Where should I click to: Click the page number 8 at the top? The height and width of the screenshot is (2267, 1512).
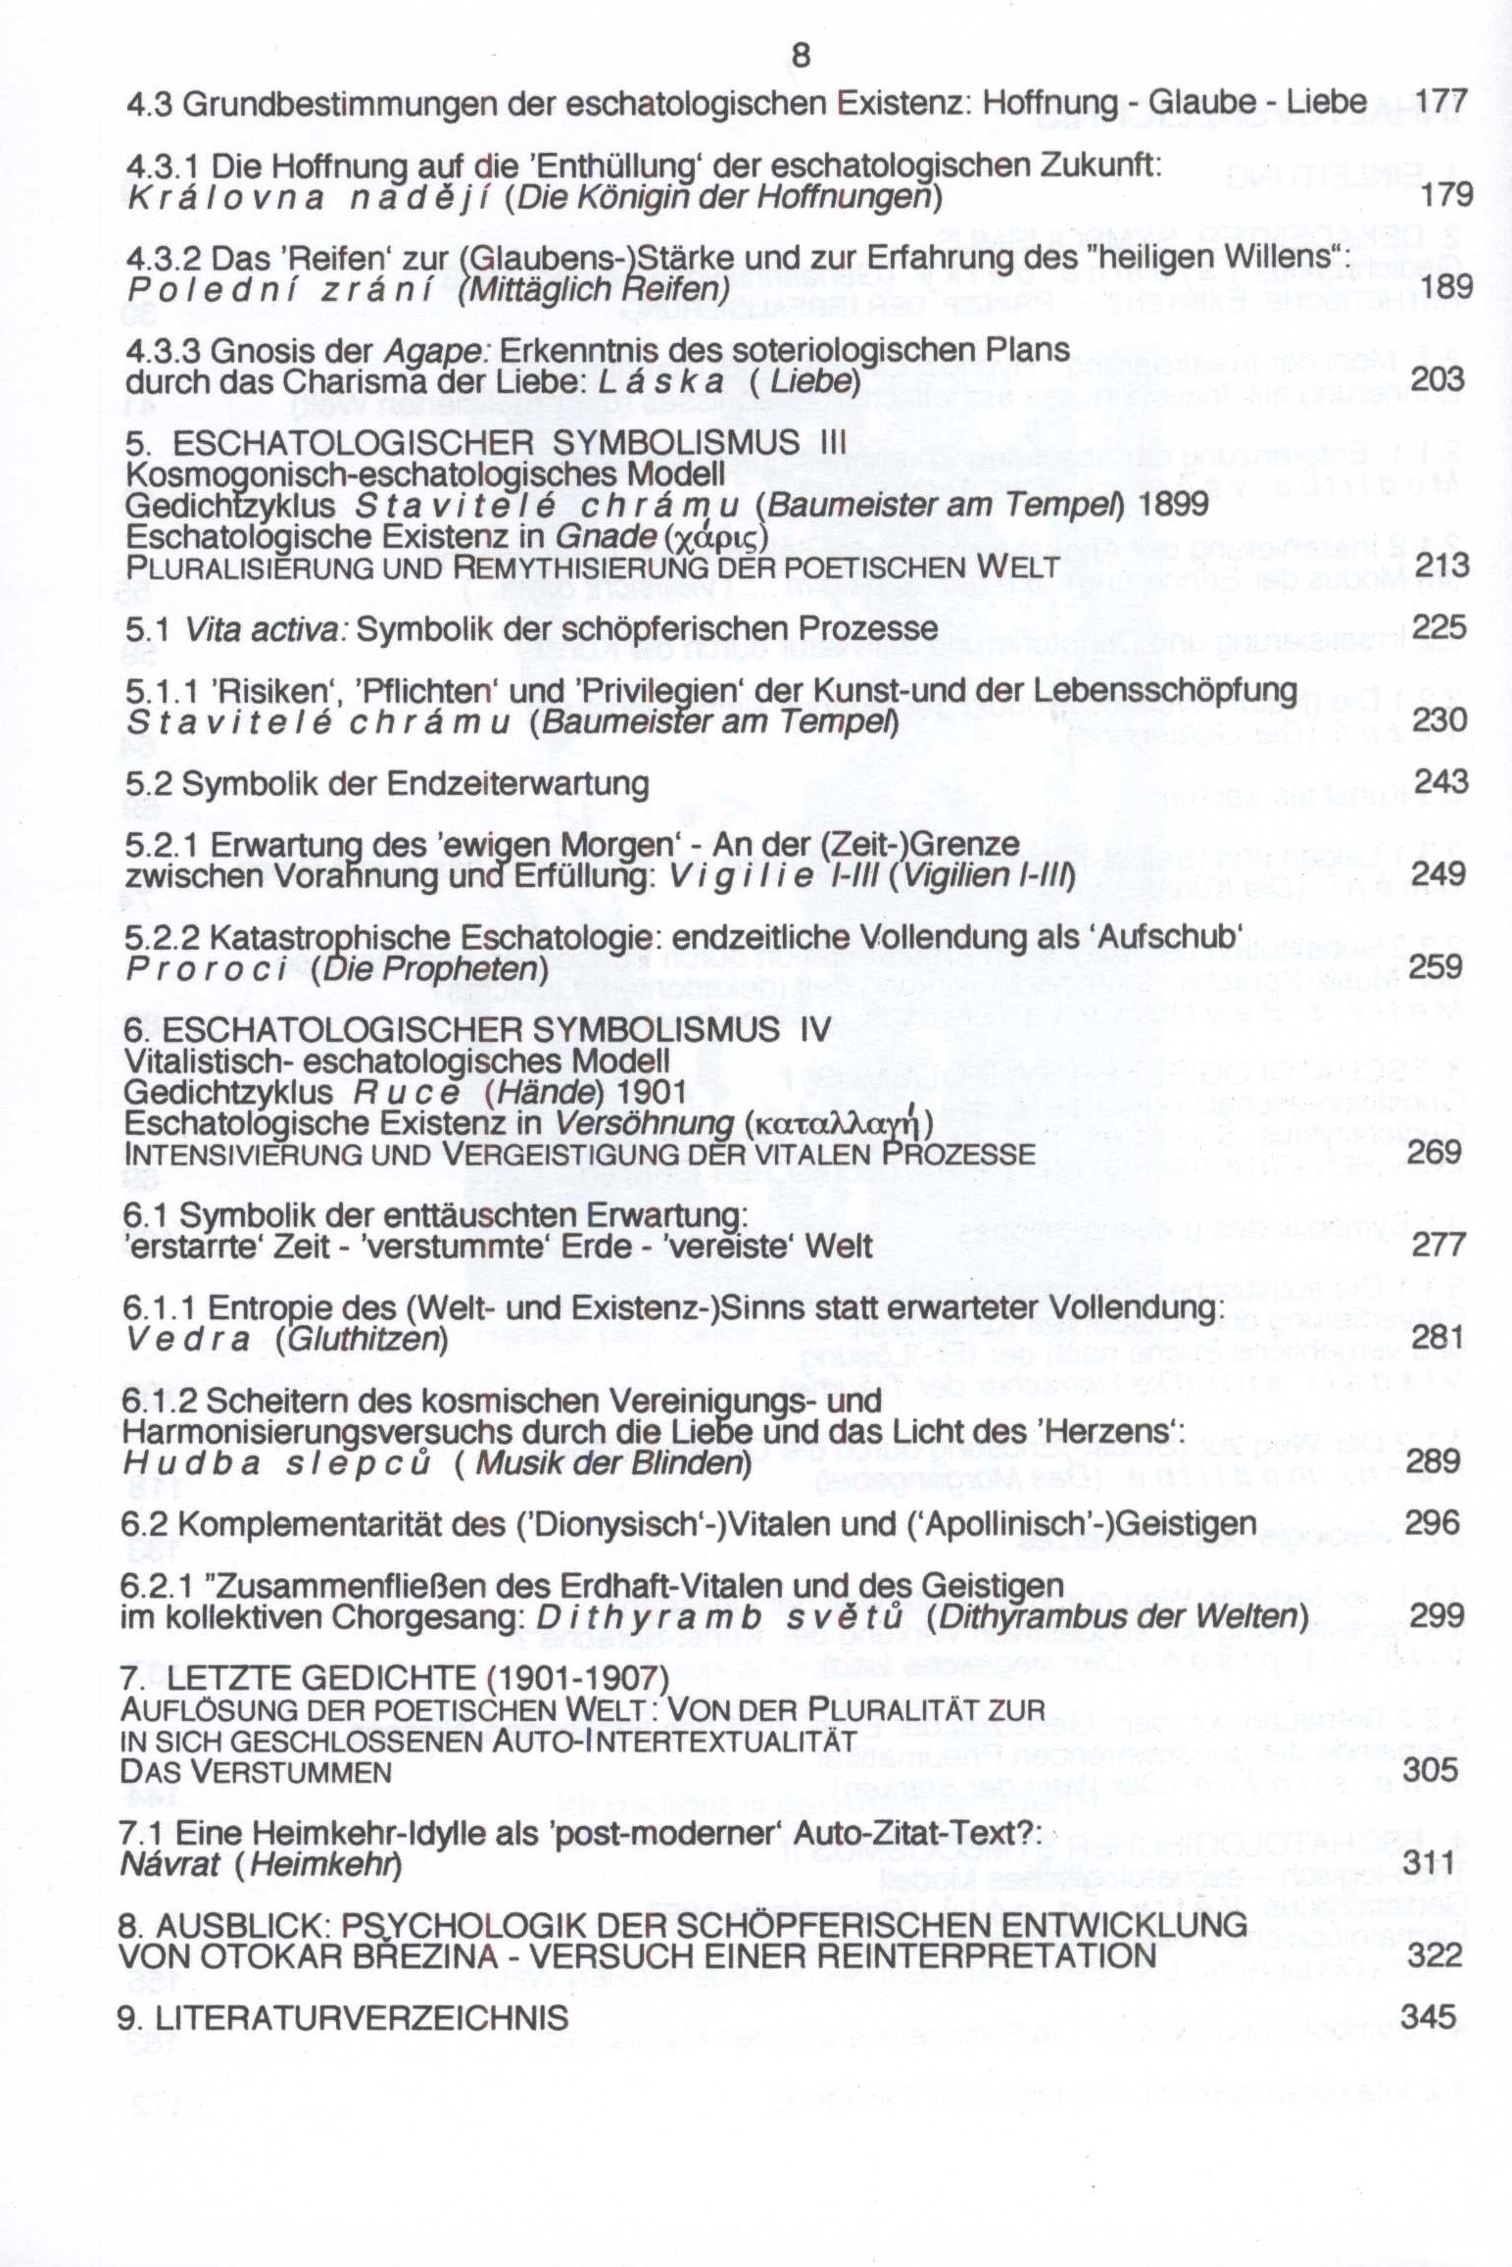(x=801, y=57)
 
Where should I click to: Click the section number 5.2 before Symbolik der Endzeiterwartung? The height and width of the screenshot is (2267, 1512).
(x=145, y=783)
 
